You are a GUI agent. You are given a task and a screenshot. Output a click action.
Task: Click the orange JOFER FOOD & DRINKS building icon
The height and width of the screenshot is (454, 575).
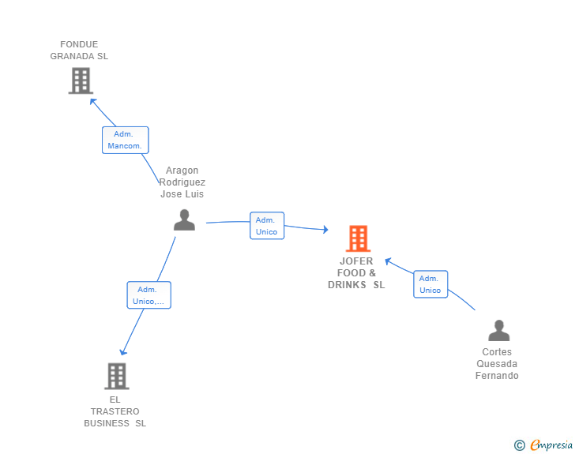(358, 238)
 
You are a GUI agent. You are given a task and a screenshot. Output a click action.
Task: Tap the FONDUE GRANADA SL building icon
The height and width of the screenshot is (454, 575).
(81, 81)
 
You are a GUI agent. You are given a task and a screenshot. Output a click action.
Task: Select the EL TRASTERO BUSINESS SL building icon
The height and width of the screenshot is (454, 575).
(117, 376)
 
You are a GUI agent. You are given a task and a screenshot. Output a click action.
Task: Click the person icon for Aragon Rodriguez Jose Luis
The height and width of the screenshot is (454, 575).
(184, 219)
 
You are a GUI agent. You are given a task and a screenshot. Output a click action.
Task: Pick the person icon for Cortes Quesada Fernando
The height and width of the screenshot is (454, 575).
(498, 330)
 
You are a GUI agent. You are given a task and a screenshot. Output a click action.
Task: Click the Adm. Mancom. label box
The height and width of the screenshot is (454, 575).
(126, 140)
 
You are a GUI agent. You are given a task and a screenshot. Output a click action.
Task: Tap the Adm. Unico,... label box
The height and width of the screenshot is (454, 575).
(148, 295)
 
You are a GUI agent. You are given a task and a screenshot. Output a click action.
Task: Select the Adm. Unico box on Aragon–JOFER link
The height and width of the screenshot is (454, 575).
(267, 226)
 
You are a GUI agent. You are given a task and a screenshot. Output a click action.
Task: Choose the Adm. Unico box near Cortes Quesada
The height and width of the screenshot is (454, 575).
(430, 284)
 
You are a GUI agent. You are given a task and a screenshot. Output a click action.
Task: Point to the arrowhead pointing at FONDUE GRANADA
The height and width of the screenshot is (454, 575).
(92, 102)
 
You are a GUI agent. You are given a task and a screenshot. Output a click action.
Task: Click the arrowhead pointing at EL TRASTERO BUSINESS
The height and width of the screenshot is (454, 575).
(123, 352)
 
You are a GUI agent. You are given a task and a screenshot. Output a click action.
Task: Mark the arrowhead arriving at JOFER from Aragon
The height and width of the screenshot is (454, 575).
(325, 230)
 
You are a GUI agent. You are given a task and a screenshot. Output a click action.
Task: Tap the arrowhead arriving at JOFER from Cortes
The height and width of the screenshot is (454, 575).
(388, 261)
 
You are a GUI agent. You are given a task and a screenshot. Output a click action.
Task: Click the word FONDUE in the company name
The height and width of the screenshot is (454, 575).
(79, 44)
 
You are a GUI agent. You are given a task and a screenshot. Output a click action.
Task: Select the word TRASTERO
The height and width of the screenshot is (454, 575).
(115, 411)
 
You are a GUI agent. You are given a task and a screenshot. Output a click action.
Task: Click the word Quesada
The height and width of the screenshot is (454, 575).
(497, 364)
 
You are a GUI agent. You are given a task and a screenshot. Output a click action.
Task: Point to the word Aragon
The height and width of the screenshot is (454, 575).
(182, 171)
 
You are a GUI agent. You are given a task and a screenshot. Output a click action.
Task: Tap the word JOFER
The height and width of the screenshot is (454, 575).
(356, 261)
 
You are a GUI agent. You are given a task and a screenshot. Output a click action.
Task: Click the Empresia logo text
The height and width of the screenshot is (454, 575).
(551, 445)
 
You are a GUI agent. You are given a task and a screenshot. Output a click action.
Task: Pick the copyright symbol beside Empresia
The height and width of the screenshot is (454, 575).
(519, 445)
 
